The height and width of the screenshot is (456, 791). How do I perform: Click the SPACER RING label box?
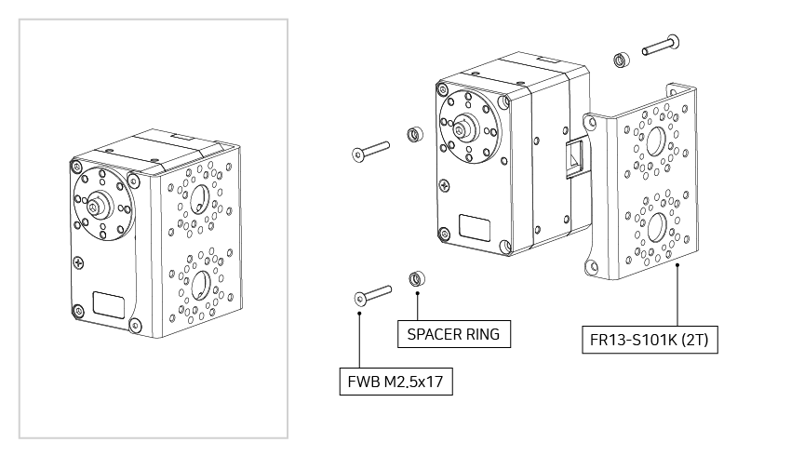tap(454, 333)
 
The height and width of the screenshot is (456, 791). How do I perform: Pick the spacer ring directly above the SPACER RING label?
tap(418, 278)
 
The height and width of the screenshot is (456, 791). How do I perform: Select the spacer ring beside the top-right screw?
tap(621, 60)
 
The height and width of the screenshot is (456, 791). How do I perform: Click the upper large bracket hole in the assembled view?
tap(199, 195)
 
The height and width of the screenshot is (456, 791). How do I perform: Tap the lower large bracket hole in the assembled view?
tap(198, 283)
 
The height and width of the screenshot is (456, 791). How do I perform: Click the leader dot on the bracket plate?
tap(677, 265)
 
